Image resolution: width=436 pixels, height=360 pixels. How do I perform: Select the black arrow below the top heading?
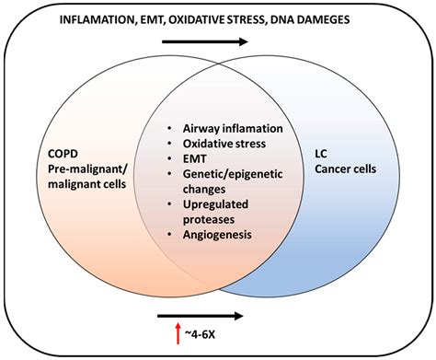216,41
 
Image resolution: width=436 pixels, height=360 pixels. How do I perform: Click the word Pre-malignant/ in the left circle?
82,168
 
